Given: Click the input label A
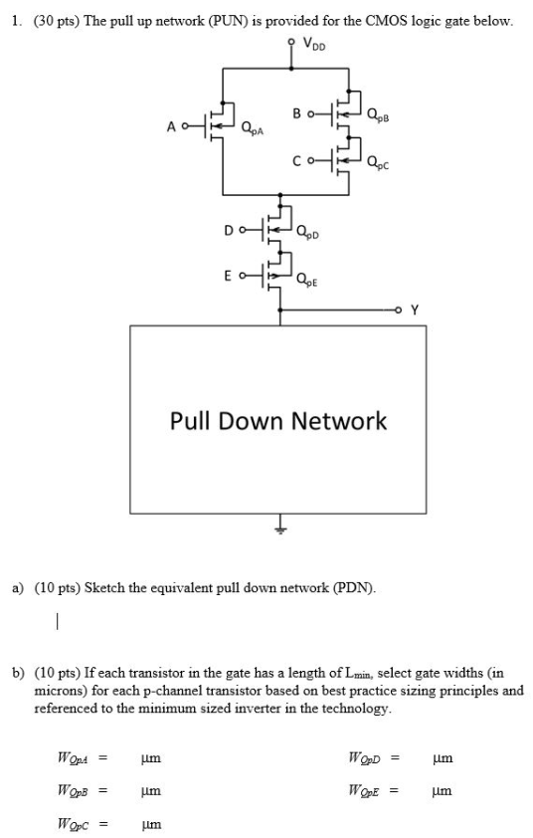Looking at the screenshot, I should (172, 126).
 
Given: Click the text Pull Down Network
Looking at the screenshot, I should (278, 421).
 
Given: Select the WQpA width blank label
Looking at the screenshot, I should (74, 758).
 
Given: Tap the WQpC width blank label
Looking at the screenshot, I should (74, 824).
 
